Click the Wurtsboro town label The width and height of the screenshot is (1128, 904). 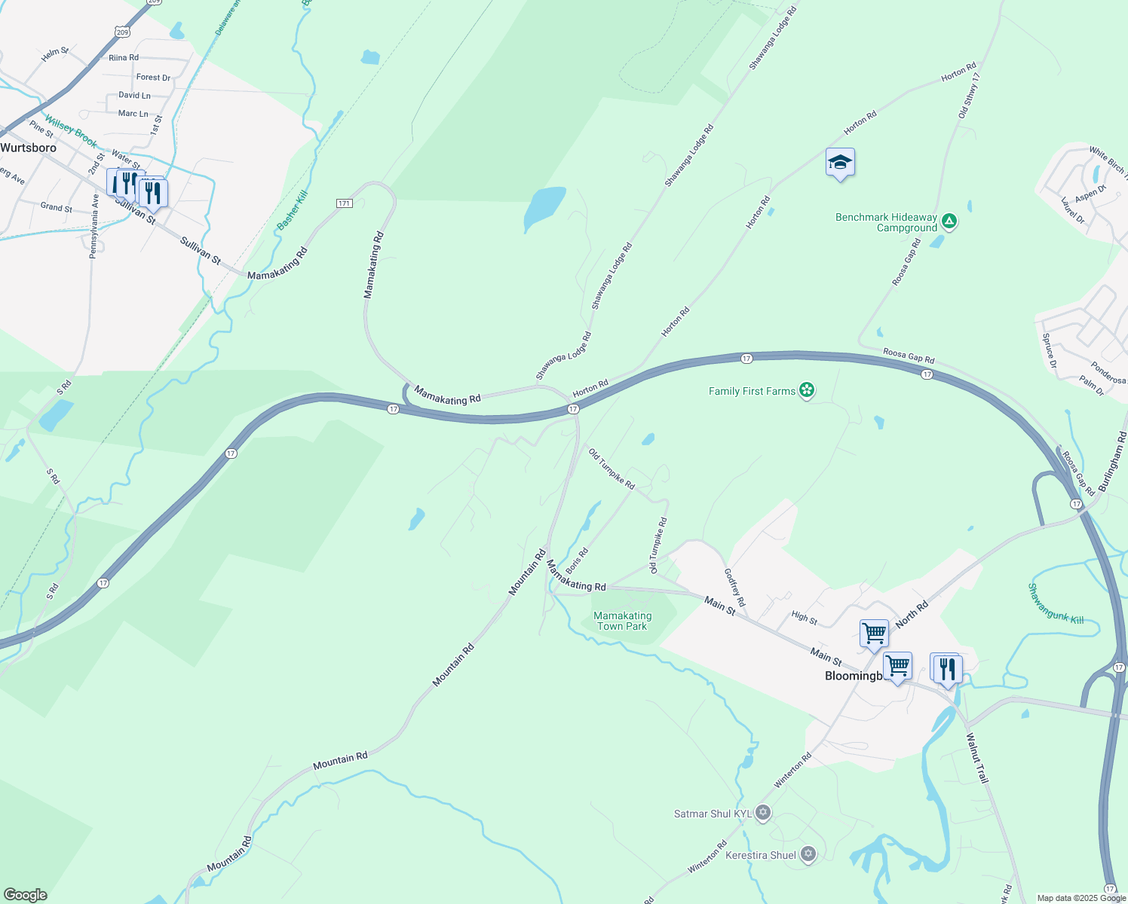click(29, 148)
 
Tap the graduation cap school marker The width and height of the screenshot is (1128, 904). click(840, 163)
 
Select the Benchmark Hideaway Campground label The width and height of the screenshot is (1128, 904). click(886, 222)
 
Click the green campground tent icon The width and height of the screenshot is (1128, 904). click(950, 221)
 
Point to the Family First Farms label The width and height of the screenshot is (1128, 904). click(752, 391)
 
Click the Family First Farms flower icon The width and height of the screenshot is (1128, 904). click(807, 390)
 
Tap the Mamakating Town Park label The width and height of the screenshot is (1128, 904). click(622, 621)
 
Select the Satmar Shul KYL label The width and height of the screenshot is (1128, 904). click(713, 814)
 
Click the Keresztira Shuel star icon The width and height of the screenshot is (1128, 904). click(808, 854)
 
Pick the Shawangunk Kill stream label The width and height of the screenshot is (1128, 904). click(1056, 603)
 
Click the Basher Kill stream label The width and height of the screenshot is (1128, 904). click(293, 210)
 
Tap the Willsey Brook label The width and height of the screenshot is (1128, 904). click(70, 131)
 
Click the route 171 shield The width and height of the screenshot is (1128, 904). click(344, 203)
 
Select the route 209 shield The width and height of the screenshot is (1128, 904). click(123, 32)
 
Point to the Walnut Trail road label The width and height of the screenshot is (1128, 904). click(977, 758)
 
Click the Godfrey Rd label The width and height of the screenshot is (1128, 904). click(734, 588)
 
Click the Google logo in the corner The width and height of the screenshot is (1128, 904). click(26, 895)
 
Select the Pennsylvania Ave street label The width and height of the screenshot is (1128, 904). click(94, 226)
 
